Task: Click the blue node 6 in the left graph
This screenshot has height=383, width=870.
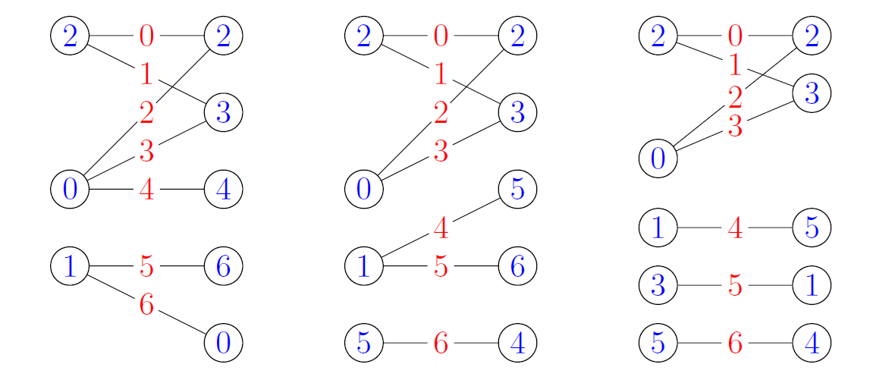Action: [x=223, y=266]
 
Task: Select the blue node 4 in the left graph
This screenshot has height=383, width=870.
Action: [x=223, y=189]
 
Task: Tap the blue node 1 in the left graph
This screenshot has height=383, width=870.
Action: [x=70, y=266]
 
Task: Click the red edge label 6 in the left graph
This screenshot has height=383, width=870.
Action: [x=146, y=305]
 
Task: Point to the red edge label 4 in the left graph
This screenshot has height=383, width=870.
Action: [x=146, y=189]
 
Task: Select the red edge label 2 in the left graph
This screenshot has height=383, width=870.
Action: [x=146, y=113]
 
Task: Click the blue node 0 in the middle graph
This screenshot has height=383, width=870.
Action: [x=364, y=189]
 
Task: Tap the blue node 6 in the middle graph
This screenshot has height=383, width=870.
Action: [x=517, y=266]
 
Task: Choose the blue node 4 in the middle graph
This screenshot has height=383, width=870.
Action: [x=517, y=344]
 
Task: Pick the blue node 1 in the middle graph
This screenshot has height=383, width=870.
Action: [x=364, y=266]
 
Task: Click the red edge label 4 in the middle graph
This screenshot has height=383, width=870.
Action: [x=441, y=227]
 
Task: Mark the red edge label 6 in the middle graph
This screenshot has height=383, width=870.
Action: [x=441, y=344]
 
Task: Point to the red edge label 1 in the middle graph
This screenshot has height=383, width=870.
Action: [x=441, y=74]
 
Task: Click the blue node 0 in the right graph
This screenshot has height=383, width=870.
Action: [x=658, y=159]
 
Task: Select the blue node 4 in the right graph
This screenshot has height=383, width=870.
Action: [x=812, y=344]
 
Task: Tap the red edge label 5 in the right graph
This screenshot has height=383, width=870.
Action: [x=734, y=285]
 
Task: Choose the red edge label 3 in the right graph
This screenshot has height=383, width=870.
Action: [x=734, y=127]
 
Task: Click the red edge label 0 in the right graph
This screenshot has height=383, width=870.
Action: [x=734, y=36]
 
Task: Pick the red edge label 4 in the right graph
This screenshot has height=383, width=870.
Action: [x=734, y=227]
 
